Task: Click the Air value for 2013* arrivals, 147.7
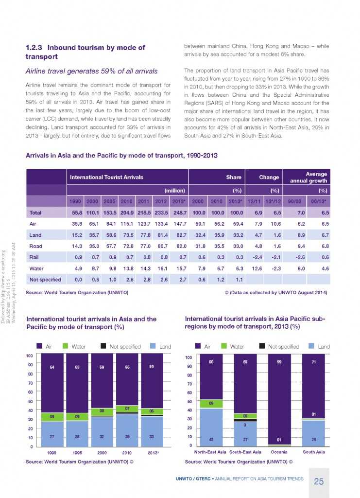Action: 179,225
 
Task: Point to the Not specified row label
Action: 45,280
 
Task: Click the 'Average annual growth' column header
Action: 309,177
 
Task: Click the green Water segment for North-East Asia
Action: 211,404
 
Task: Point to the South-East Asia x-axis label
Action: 245,452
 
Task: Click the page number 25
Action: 319,481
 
